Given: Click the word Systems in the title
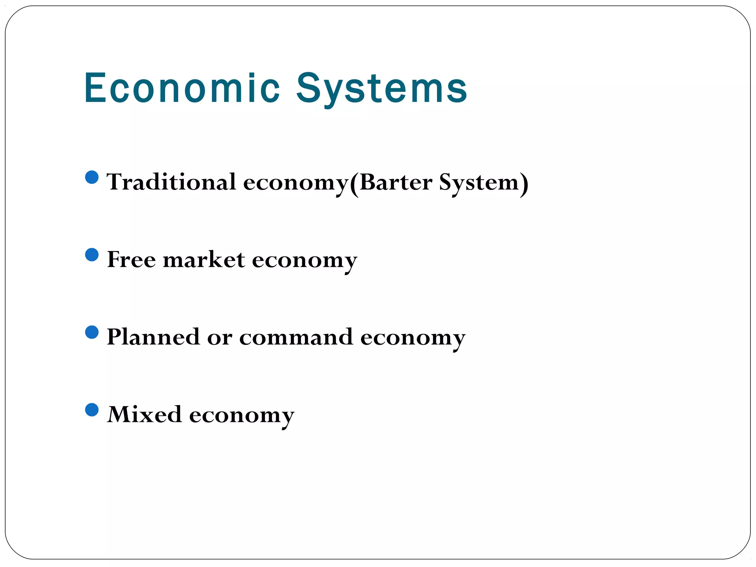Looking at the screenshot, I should coord(382,89).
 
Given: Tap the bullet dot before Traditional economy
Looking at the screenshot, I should coord(92,177).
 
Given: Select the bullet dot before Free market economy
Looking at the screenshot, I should coord(92,255).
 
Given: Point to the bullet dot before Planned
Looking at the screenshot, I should coord(92,332).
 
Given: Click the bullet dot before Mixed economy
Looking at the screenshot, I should coord(92,410).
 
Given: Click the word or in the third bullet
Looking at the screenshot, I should coord(220,338).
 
